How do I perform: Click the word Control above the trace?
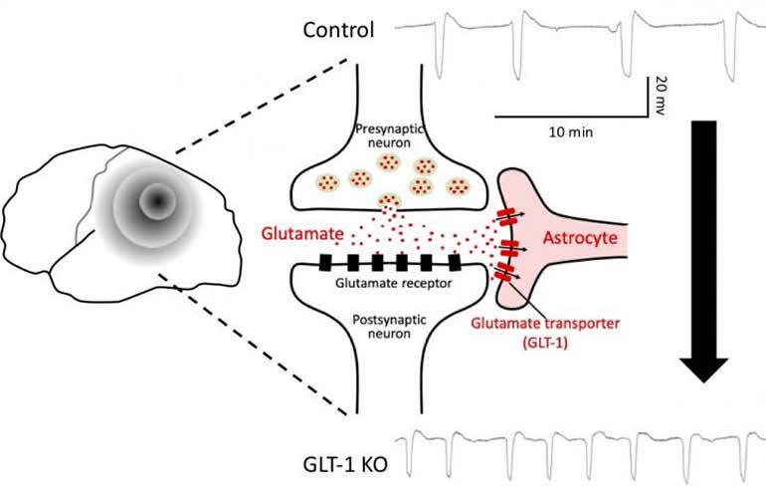(x=338, y=30)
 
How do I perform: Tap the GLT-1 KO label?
(x=345, y=465)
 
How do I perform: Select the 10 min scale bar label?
(x=571, y=132)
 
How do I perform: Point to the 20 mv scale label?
(x=660, y=96)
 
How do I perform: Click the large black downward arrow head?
(x=704, y=370)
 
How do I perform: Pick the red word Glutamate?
(x=302, y=234)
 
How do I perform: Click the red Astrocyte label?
(x=580, y=238)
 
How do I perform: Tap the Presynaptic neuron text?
(x=389, y=136)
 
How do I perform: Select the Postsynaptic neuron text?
(x=389, y=327)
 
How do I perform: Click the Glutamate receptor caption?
(x=393, y=283)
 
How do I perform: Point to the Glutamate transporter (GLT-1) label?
(x=545, y=333)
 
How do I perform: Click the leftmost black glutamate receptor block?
(x=325, y=263)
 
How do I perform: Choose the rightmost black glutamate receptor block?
(x=455, y=263)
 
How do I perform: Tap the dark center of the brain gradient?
(x=157, y=200)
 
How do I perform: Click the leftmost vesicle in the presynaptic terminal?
(x=328, y=182)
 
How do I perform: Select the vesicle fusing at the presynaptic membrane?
(x=389, y=200)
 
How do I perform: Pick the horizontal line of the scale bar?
(x=572, y=117)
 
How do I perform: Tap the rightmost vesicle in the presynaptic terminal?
(x=458, y=186)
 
